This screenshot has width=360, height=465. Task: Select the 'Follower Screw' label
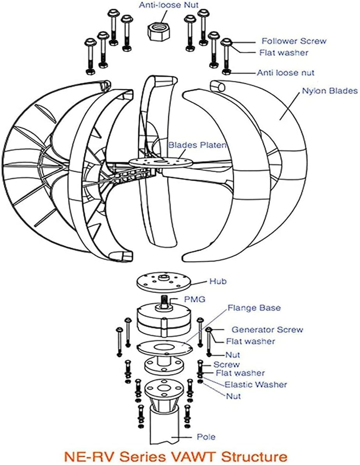(x=294, y=41)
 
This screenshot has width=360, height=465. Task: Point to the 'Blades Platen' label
(x=197, y=145)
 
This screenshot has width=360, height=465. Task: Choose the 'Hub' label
(x=217, y=281)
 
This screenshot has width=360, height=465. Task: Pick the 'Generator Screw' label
(x=267, y=330)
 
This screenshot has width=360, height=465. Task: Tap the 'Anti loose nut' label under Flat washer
(x=285, y=73)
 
